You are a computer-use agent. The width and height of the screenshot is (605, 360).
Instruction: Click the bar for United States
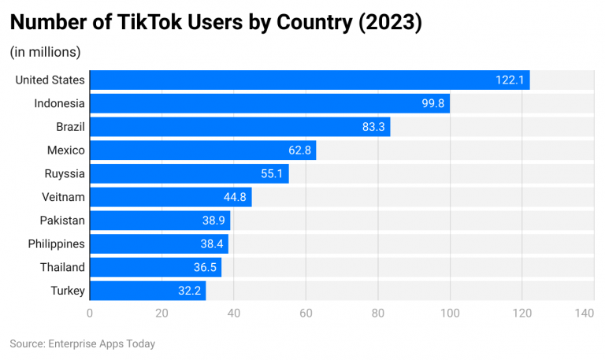[x=310, y=80]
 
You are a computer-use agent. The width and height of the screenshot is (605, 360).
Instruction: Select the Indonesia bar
[x=269, y=103]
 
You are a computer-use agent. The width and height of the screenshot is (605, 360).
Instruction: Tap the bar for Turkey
[x=147, y=291]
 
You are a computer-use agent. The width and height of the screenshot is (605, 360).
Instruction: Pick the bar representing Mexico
[x=202, y=150]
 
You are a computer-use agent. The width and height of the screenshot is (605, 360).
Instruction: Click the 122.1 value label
[x=510, y=80]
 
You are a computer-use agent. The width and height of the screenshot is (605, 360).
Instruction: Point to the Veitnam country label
[x=62, y=197]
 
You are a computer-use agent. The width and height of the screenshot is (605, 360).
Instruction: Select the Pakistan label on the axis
[x=62, y=221]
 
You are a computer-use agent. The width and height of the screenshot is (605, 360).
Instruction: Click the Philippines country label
[x=56, y=244]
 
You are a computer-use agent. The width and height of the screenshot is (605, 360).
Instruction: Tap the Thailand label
[x=62, y=267]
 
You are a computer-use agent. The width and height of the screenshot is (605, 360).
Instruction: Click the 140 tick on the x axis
[x=584, y=314]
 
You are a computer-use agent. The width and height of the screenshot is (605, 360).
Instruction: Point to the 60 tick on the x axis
[x=306, y=314]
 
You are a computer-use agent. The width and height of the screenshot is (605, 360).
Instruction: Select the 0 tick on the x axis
[x=90, y=314]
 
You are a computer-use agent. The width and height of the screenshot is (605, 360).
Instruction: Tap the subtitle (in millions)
[x=45, y=52]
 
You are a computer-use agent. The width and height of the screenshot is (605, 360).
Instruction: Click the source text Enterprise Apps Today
[x=101, y=343]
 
